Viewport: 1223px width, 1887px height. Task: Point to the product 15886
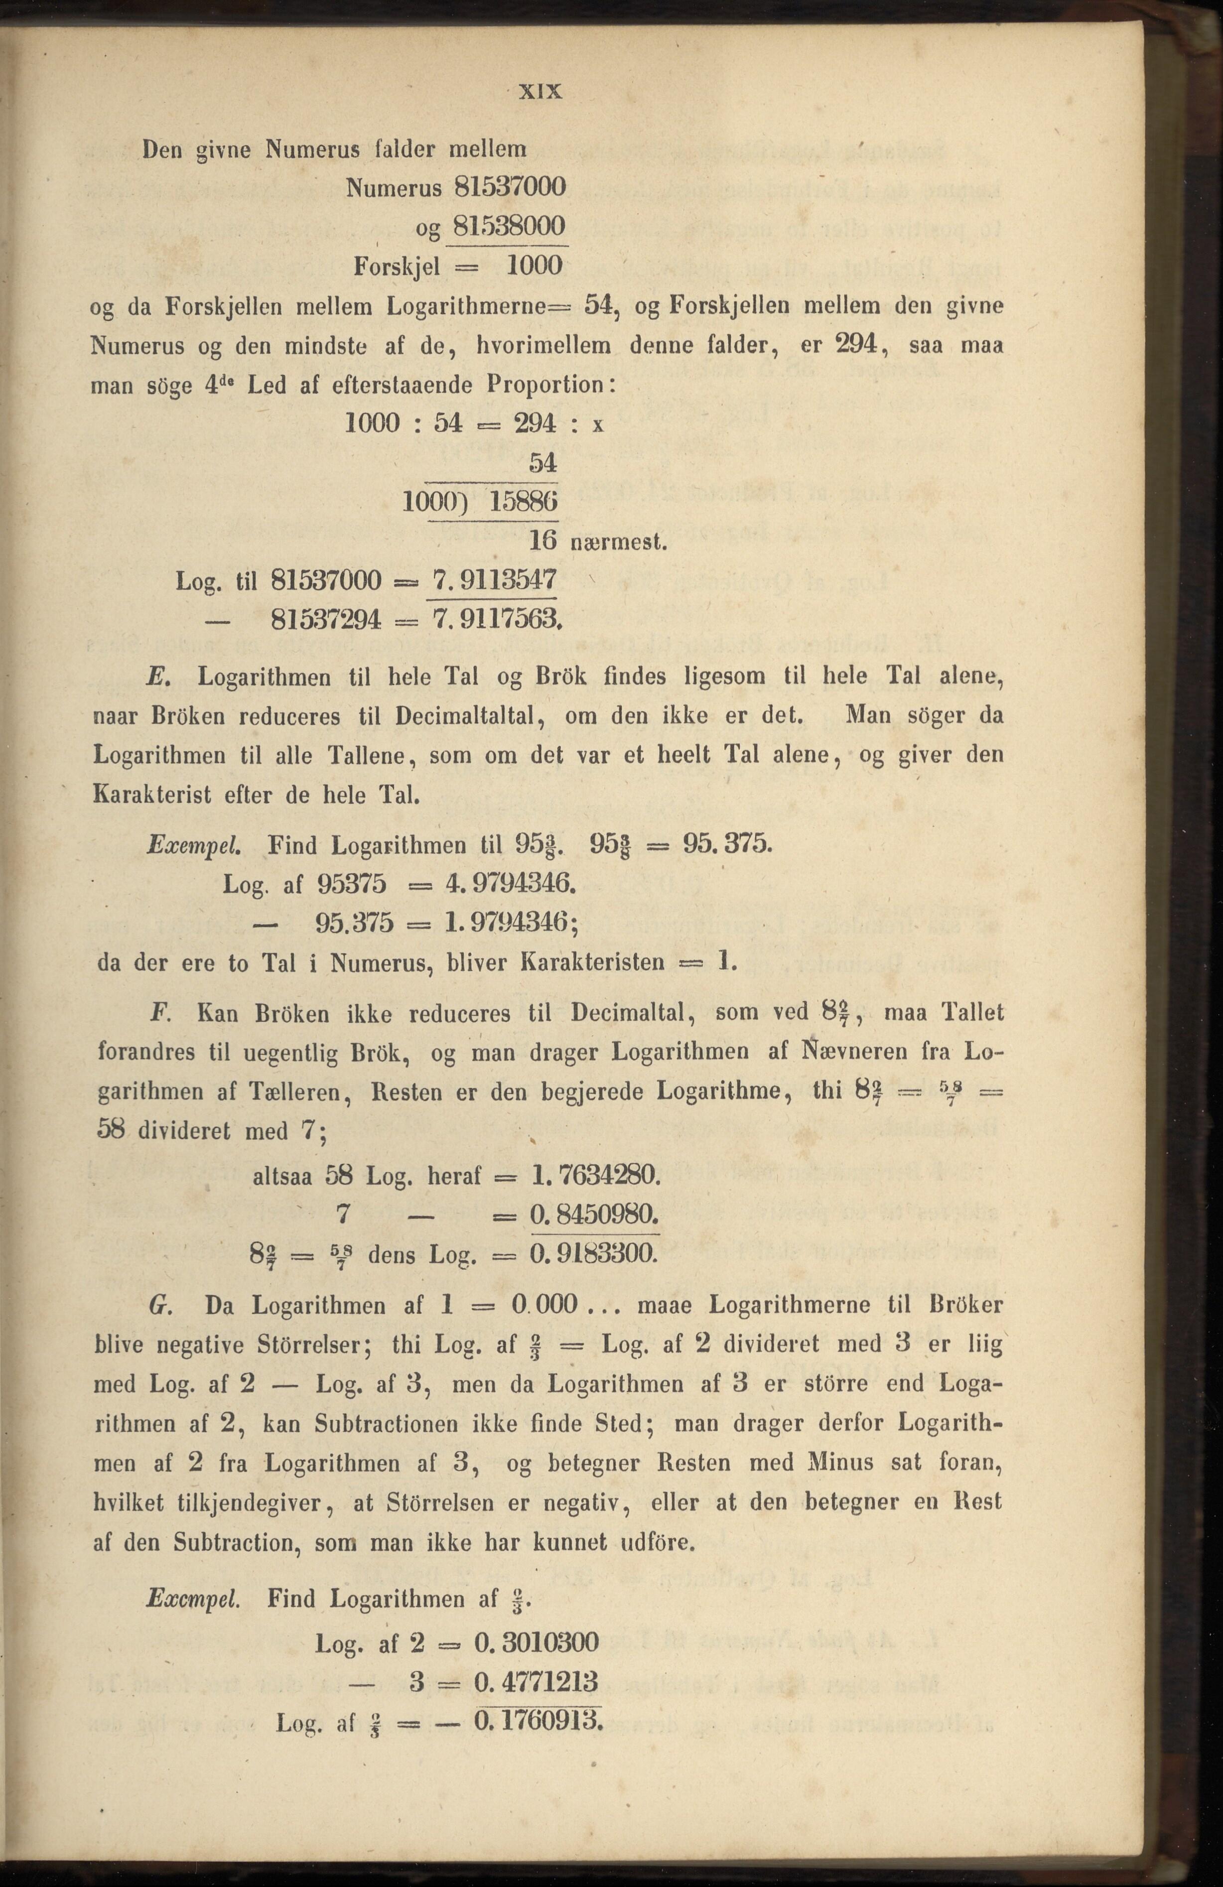[x=524, y=502]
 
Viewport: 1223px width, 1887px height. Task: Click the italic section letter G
[x=156, y=1304]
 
